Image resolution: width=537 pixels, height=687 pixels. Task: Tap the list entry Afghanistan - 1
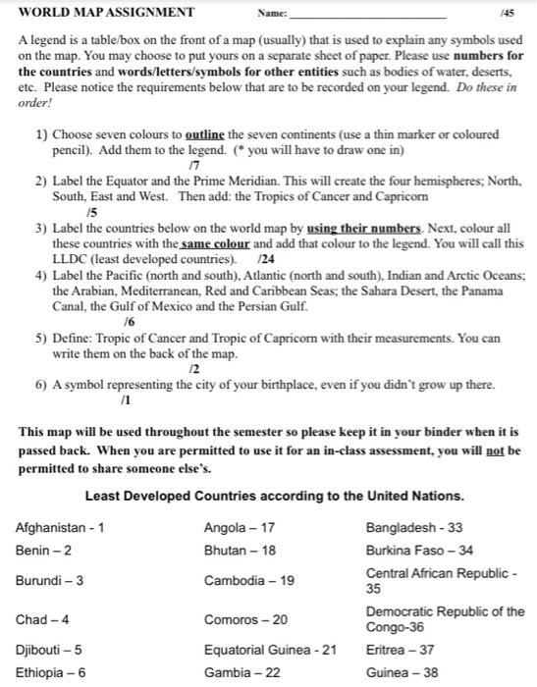pyautogui.click(x=60, y=528)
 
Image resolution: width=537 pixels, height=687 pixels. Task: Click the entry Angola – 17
pyautogui.click(x=239, y=528)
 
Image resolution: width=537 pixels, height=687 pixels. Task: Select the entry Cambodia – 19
pyautogui.click(x=248, y=580)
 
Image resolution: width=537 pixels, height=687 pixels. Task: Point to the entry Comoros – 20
pyautogui.click(x=245, y=619)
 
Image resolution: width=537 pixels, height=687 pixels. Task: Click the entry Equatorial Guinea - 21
pyautogui.click(x=270, y=649)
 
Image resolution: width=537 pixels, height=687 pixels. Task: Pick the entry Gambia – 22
pyautogui.click(x=241, y=672)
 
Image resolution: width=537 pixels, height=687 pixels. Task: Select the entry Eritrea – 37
pyautogui.click(x=399, y=649)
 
